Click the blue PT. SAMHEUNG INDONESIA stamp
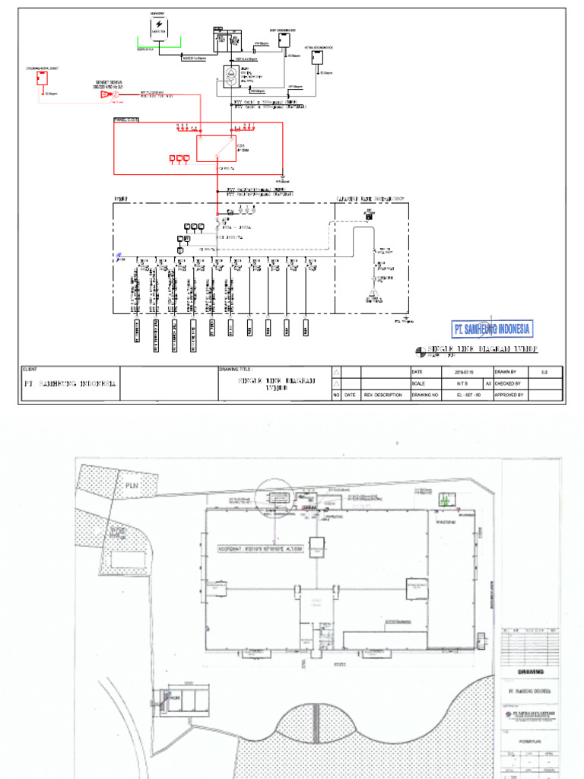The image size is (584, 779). pyautogui.click(x=492, y=329)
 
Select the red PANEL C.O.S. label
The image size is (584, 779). pyautogui.click(x=126, y=119)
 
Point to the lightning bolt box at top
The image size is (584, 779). pyautogui.click(x=160, y=26)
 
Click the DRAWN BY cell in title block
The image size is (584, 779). pyautogui.click(x=509, y=371)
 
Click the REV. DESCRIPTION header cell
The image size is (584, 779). pyautogui.click(x=384, y=395)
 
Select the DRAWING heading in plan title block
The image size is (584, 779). pyautogui.click(x=530, y=671)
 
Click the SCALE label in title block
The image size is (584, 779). pyautogui.click(x=419, y=383)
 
